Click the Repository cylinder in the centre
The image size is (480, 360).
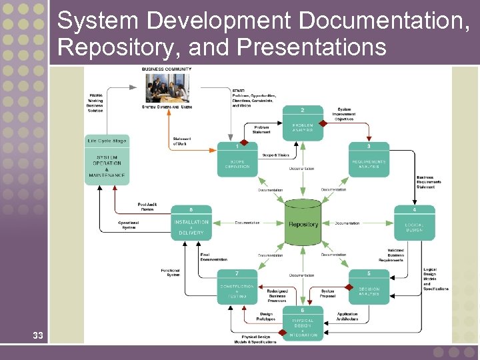pos(303,224)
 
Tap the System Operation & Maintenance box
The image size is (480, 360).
pos(107,165)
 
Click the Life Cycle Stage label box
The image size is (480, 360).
pos(107,141)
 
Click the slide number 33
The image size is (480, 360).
pos(37,335)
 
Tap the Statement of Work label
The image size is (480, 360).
pos(182,141)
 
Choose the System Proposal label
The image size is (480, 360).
pos(327,293)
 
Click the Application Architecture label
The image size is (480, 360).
pos(347,317)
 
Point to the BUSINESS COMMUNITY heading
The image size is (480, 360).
pos(167,69)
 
